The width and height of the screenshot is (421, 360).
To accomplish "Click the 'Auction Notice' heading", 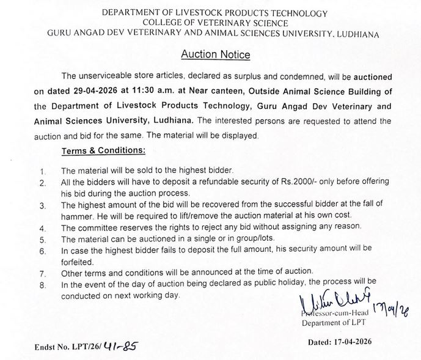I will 216,54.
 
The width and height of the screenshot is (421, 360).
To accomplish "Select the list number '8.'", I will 42,283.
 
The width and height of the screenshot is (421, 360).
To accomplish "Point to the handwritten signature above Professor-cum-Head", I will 331,299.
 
